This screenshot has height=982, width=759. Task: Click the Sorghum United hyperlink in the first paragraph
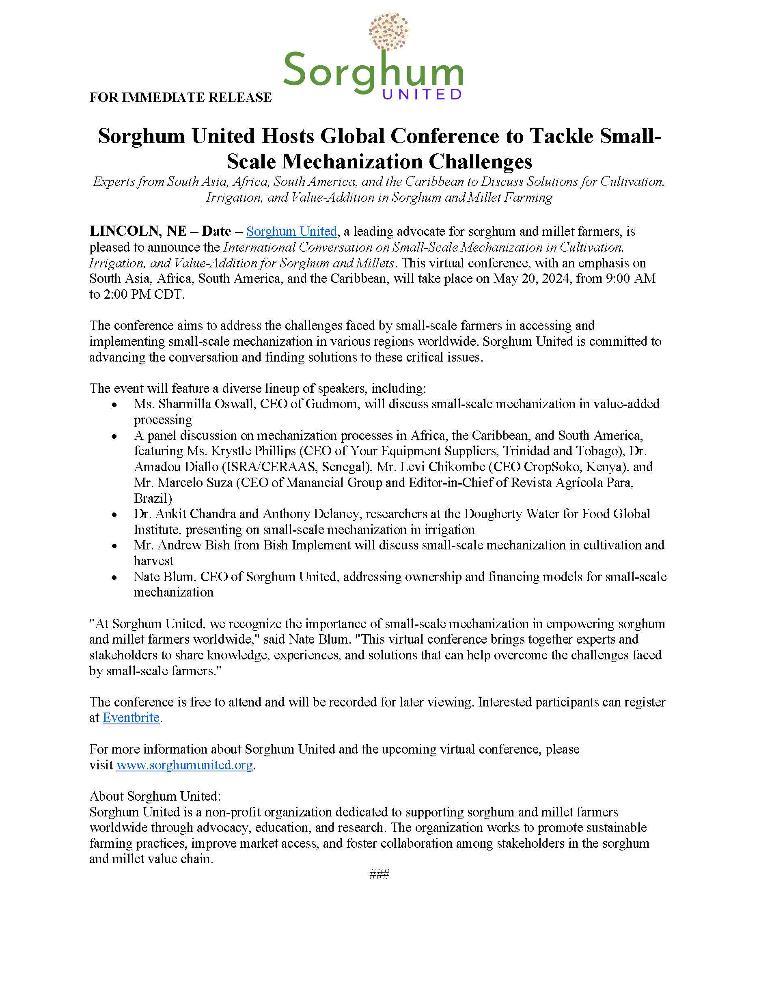pos(291,232)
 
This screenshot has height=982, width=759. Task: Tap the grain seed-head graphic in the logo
pos(388,30)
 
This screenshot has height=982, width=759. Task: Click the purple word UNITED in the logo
pos(422,95)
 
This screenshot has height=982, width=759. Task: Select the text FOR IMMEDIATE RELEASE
pos(180,97)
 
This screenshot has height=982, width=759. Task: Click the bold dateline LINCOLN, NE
pos(138,231)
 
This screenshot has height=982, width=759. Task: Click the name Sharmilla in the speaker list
pos(184,404)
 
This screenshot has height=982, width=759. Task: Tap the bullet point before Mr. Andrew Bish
pos(114,546)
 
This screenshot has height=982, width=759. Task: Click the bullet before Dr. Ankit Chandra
pos(114,515)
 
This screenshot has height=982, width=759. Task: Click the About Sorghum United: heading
pos(155,796)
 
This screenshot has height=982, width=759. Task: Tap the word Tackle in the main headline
pos(561,136)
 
